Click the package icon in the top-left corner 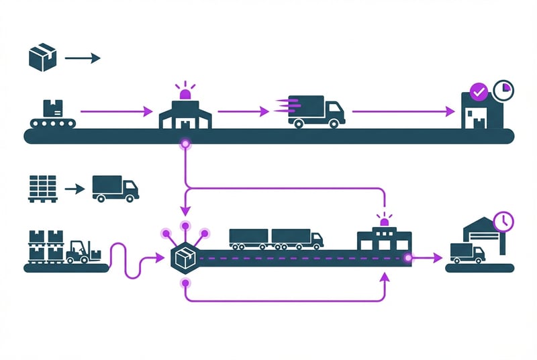click(42, 57)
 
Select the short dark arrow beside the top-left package click(82, 58)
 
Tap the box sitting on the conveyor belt click(52, 108)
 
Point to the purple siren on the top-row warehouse click(185, 91)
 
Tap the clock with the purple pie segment click(502, 89)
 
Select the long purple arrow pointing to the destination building click(402, 111)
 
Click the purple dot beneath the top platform click(184, 144)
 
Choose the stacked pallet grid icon click(42, 188)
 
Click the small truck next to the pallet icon click(115, 188)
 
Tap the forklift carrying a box click(81, 252)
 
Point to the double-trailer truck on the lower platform click(275, 238)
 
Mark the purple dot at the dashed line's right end click(407, 258)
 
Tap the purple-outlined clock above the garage click(502, 221)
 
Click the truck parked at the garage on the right click(467, 253)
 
